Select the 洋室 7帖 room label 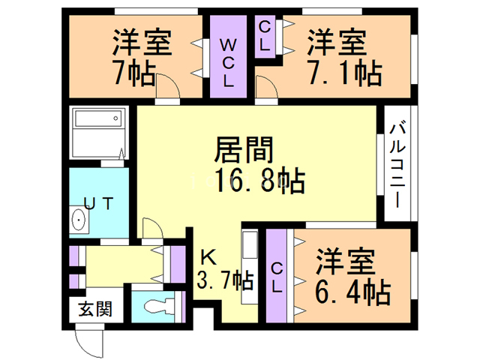142,43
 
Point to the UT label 99,202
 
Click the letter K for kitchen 209,256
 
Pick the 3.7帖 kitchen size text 224,283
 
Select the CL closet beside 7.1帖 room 265,35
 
